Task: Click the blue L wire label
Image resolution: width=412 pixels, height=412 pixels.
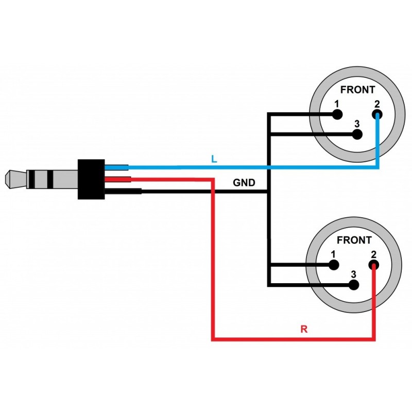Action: pyautogui.click(x=214, y=159)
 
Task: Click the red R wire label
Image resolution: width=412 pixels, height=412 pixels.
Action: pyautogui.click(x=304, y=329)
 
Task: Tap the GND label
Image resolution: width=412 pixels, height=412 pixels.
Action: pyautogui.click(x=244, y=183)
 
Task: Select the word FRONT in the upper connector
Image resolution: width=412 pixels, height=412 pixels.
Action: pyautogui.click(x=358, y=90)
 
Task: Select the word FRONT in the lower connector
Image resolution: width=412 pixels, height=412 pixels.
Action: pyautogui.click(x=354, y=240)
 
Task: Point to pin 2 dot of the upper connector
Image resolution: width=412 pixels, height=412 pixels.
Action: pyautogui.click(x=378, y=114)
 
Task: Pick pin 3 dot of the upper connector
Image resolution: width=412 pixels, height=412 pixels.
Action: pyautogui.click(x=357, y=135)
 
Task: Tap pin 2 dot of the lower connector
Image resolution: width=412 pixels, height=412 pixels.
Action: pyautogui.click(x=373, y=266)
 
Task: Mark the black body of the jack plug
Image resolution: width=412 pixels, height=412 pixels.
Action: pyautogui.click(x=91, y=179)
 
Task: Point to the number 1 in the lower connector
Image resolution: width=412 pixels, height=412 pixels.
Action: pyautogui.click(x=333, y=254)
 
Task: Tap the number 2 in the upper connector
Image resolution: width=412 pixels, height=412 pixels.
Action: pyautogui.click(x=377, y=104)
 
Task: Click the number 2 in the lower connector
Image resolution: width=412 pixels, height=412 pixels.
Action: pyautogui.click(x=373, y=254)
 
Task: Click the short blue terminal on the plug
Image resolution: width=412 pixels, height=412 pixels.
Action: pyautogui.click(x=116, y=167)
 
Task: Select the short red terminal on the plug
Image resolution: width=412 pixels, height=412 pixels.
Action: pyautogui.click(x=118, y=179)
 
